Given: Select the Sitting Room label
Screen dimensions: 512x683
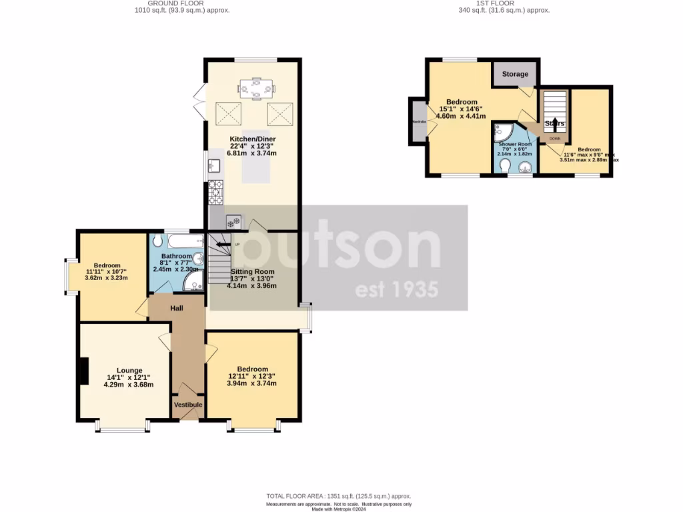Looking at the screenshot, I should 252,272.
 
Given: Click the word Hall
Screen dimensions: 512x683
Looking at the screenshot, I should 176,308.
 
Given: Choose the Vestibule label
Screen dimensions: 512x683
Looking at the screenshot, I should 188,405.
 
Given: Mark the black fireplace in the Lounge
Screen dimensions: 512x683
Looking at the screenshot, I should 84,371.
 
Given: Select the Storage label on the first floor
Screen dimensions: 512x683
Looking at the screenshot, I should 515,74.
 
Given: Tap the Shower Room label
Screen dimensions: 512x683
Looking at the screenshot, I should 515,144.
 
